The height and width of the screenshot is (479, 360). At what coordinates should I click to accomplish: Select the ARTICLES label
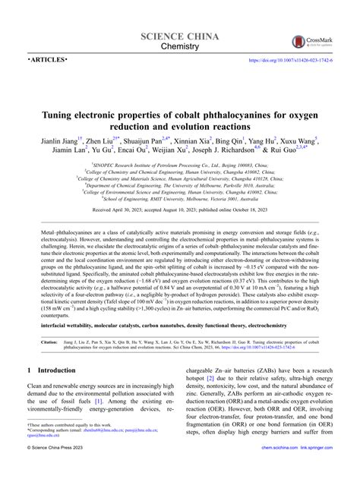(47, 58)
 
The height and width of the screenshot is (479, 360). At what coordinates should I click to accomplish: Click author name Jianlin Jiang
(60, 140)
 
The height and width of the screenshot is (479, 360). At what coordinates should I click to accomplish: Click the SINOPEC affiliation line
(180, 163)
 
